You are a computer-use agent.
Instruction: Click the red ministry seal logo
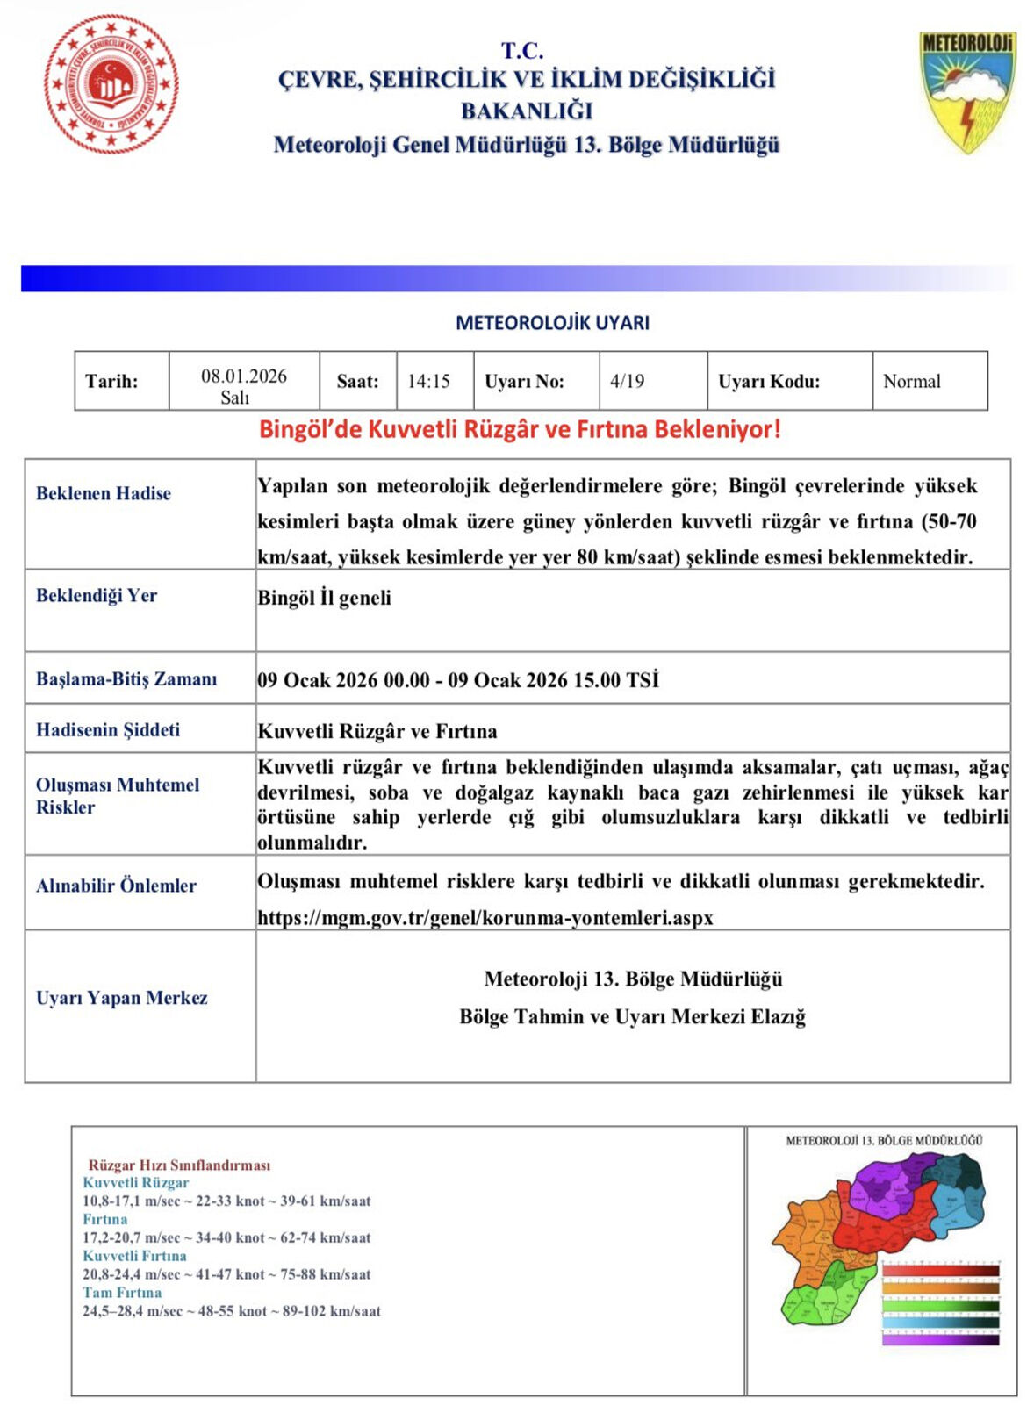coord(111,84)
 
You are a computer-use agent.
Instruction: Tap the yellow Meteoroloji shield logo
coord(966,91)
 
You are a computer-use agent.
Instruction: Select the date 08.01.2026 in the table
coord(243,376)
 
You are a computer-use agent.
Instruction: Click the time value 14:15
coord(428,382)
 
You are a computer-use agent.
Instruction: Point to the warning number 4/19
coord(627,382)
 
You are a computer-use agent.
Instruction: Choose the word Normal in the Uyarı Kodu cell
coord(911,382)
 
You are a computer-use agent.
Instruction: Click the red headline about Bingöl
coord(519,430)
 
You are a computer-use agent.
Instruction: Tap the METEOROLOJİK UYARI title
coord(552,323)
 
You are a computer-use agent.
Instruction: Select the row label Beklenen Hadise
coord(104,493)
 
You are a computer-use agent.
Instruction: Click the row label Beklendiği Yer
coord(97,595)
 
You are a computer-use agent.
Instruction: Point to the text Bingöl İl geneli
coord(324,598)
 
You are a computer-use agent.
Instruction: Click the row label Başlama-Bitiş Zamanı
coord(126,678)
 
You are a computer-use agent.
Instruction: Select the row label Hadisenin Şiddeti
coord(108,729)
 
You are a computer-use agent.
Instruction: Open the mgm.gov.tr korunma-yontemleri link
coord(485,918)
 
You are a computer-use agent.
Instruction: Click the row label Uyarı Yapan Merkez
coord(122,998)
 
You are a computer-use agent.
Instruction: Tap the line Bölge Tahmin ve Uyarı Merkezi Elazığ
coord(632,1016)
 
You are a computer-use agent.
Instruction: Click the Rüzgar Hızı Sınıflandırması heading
coord(179,1165)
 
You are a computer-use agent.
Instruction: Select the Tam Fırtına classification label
coord(122,1293)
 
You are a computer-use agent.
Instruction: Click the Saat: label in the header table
coord(357,382)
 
